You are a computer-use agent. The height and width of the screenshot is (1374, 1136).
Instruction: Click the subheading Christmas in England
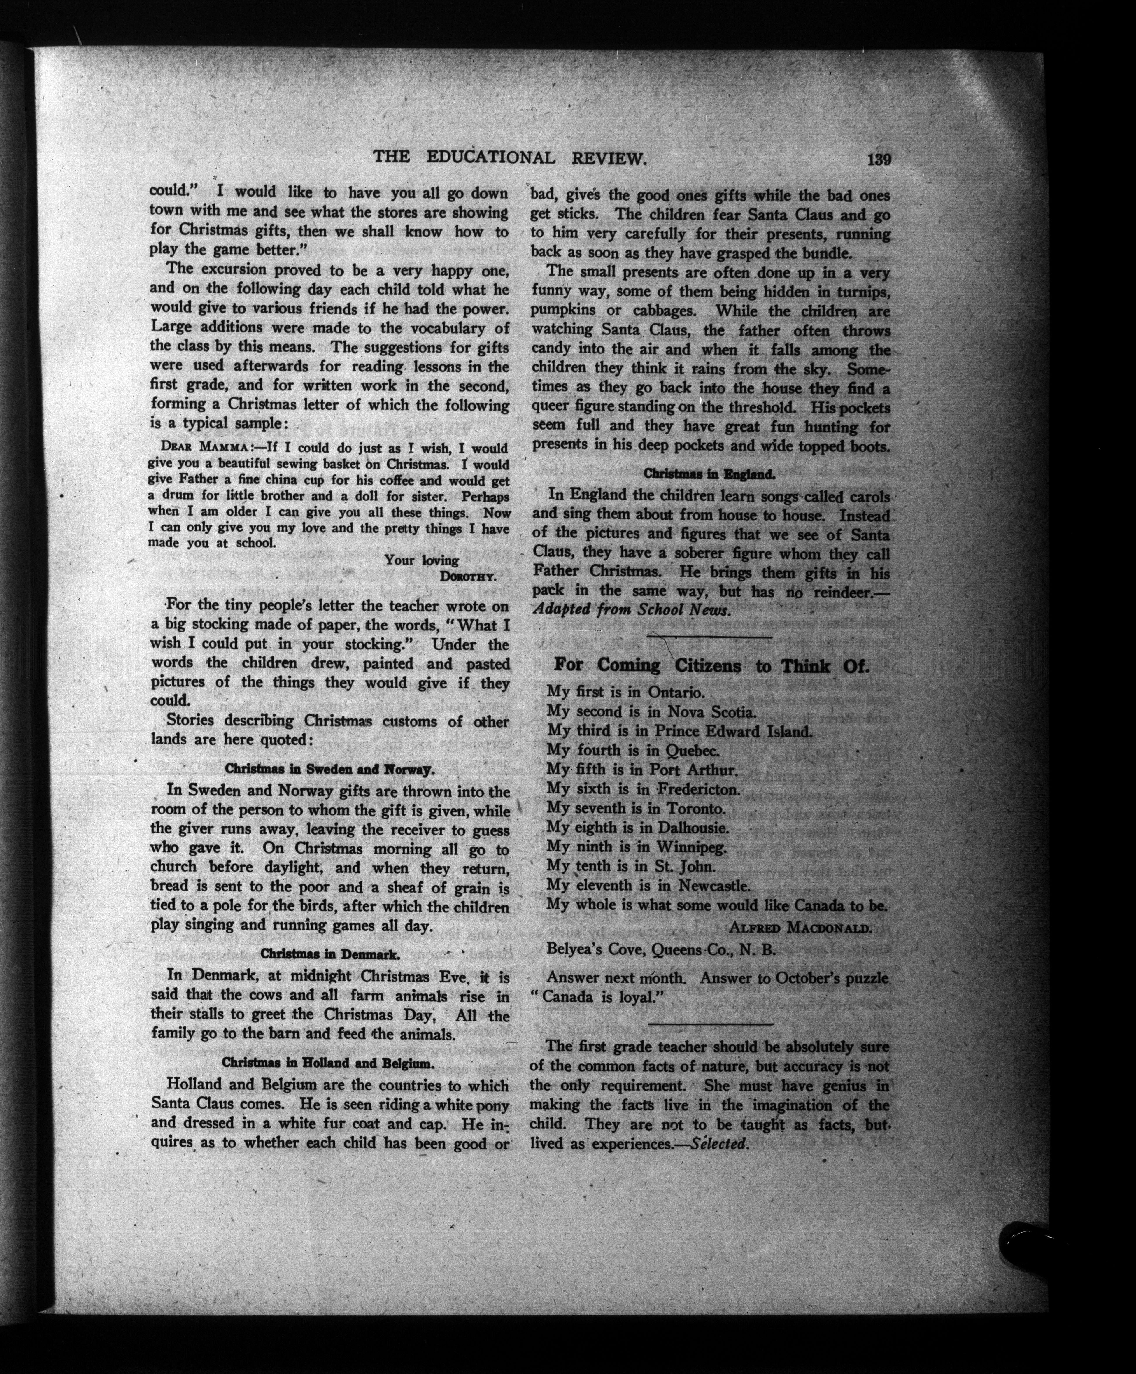tap(710, 473)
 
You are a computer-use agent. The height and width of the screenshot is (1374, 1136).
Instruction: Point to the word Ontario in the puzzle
tap(676, 692)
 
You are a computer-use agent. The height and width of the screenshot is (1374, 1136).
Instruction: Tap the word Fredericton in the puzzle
tap(698, 789)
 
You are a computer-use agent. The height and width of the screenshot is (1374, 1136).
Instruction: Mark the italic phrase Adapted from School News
tap(632, 610)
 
